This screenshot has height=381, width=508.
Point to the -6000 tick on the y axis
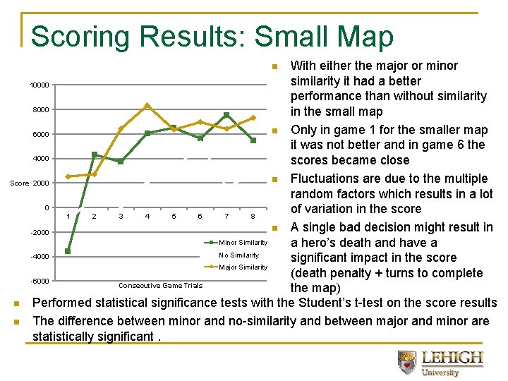tap(39, 282)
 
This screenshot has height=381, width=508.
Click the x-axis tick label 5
tap(174, 216)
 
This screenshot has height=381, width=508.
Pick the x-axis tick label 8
tap(253, 216)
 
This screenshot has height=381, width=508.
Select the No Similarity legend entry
tap(238, 255)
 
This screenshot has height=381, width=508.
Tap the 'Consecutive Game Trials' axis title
tap(160, 286)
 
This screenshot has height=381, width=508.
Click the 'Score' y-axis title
tap(20, 183)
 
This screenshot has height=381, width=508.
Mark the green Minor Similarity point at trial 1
tap(68, 250)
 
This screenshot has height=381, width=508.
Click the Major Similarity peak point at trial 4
tap(147, 106)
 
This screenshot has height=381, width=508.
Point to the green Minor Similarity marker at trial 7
tap(226, 115)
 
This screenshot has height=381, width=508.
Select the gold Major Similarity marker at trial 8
tap(253, 118)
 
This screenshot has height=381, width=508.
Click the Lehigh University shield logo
tap(407, 362)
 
